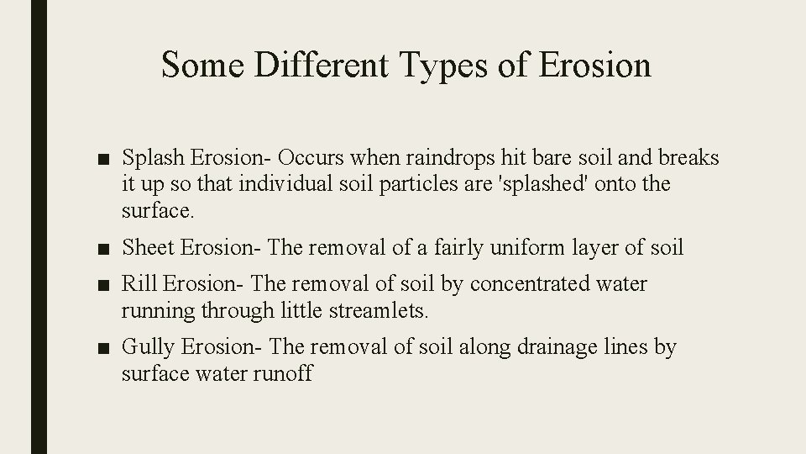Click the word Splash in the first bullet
click(154, 159)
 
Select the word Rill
click(140, 285)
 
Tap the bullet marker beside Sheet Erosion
click(103, 248)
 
